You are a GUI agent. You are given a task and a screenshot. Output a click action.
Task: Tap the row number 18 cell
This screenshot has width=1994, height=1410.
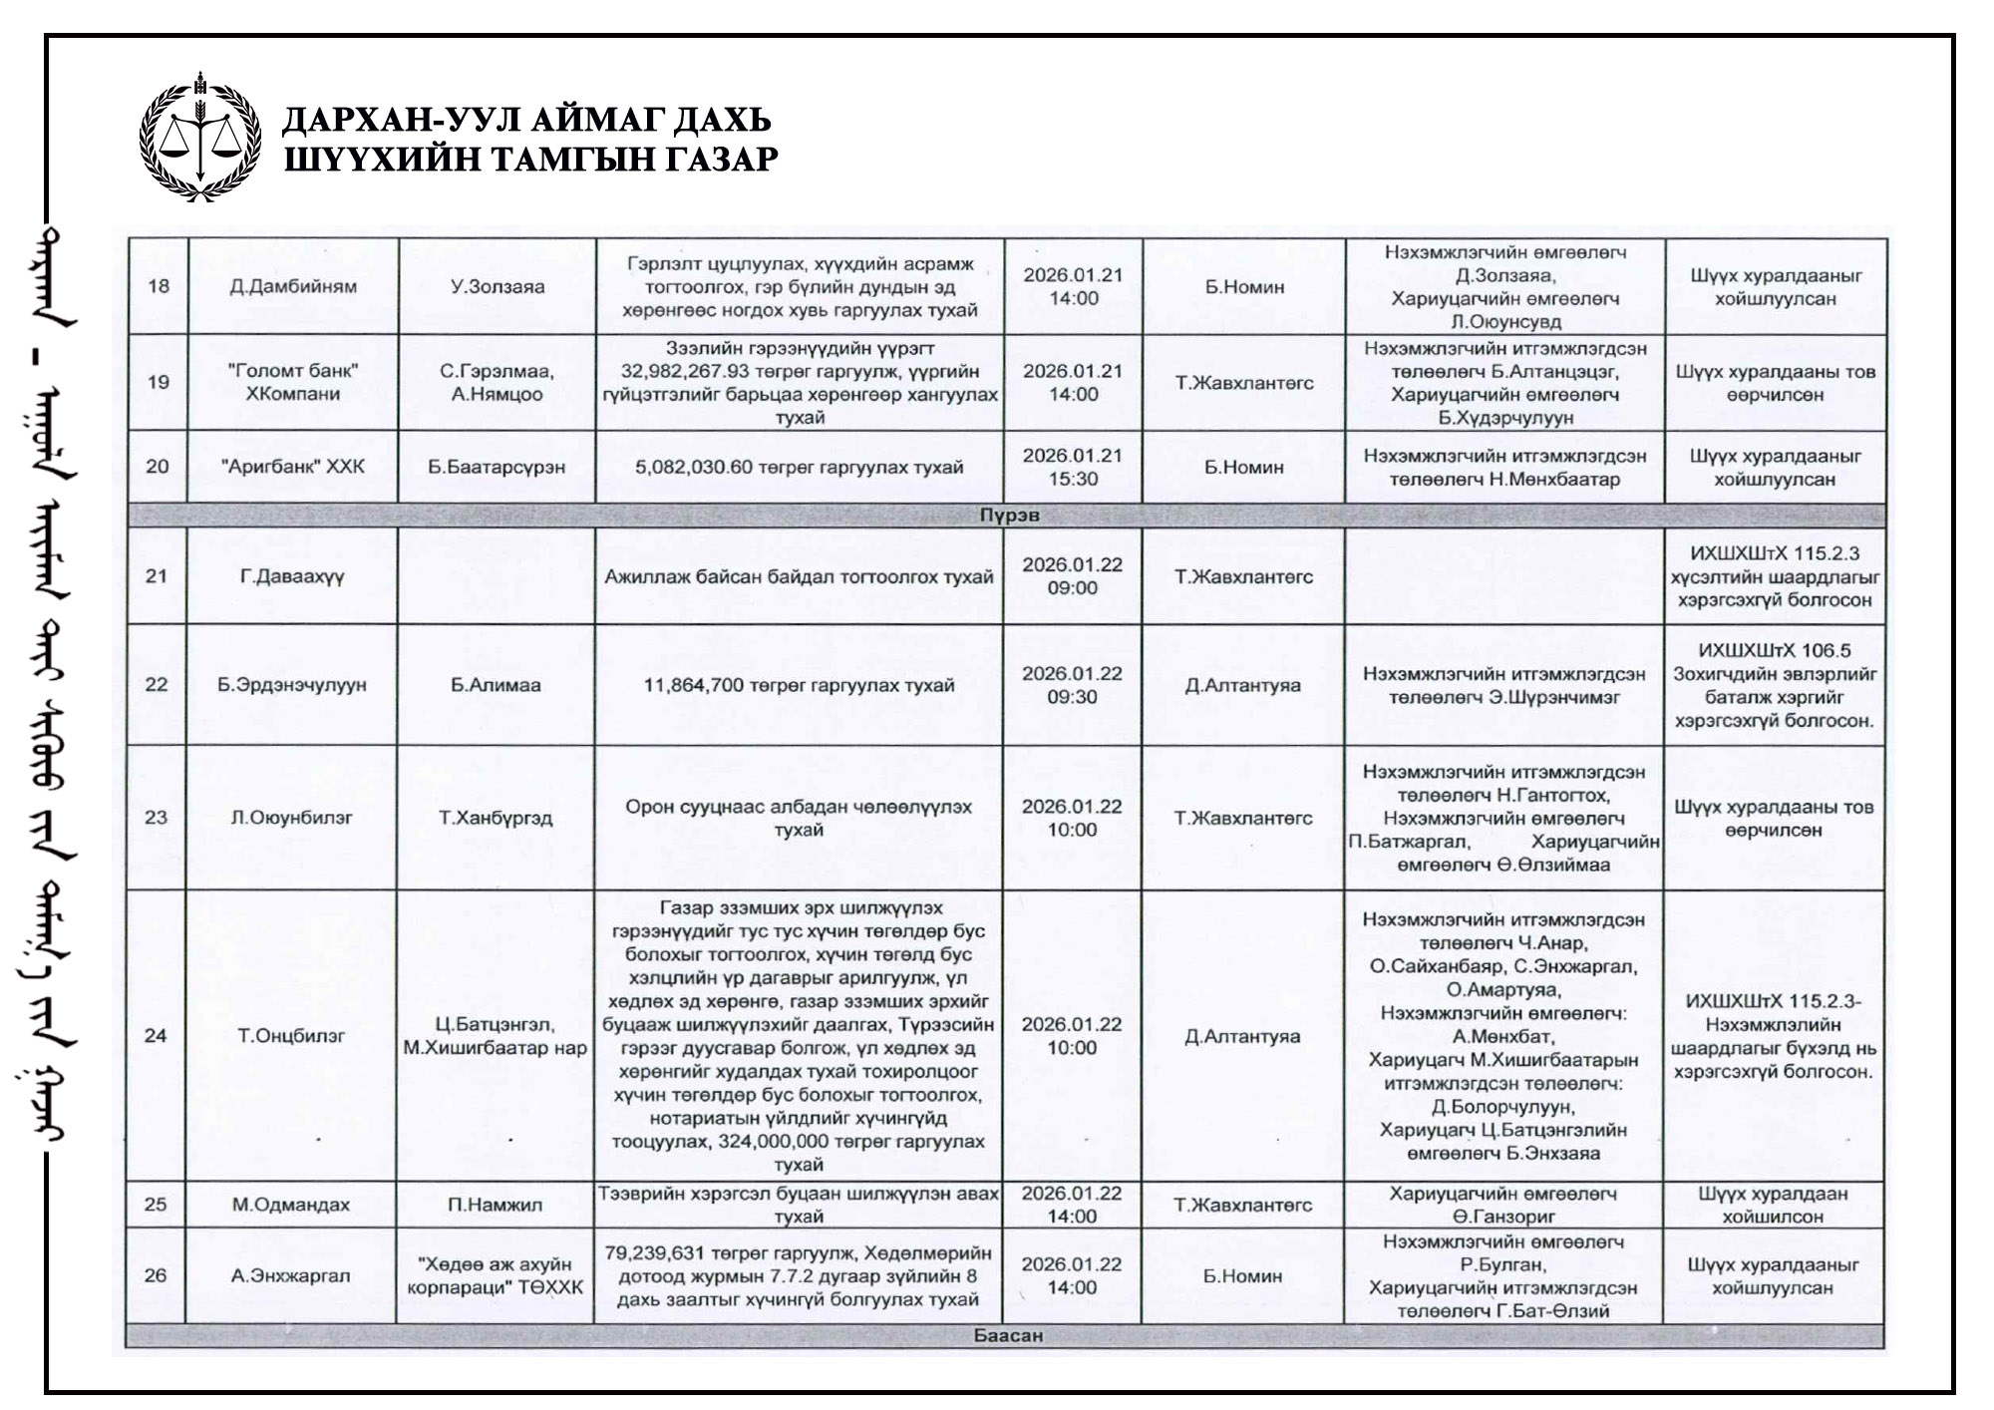pos(158,287)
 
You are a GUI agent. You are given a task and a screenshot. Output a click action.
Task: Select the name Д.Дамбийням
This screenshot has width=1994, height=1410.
pos(293,287)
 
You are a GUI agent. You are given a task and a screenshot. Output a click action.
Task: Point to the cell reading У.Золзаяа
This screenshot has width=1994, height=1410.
pos(498,287)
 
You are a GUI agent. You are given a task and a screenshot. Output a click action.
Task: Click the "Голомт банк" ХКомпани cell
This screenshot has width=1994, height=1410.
pos(293,382)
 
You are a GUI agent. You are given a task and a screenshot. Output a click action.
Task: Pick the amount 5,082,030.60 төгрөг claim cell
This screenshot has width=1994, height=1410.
pos(799,467)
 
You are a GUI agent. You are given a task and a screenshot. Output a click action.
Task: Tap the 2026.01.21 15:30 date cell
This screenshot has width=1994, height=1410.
pos(1073,467)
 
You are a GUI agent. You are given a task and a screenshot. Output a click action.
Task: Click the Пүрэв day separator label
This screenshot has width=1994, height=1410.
pos(1008,517)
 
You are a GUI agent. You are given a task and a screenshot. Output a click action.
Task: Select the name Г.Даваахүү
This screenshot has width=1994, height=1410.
pos(292,576)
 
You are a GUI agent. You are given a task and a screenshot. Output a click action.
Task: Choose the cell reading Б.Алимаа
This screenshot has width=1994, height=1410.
pos(497,685)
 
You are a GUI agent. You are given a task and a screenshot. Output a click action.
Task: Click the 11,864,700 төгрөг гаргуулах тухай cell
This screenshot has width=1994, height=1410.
pos(799,685)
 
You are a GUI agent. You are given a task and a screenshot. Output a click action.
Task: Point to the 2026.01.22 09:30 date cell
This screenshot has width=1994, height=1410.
pos(1072,685)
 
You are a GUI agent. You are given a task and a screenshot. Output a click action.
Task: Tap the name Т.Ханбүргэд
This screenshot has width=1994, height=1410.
pos(497,818)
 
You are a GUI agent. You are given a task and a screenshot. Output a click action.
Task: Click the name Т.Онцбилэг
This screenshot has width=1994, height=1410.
pos(291,1035)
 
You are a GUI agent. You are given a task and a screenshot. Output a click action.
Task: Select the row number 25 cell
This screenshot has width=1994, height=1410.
pos(156,1205)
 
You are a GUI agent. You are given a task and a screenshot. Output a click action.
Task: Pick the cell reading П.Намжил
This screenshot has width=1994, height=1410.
pos(496,1205)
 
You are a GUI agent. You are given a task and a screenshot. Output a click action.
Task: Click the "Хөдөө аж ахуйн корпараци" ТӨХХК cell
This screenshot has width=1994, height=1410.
pos(496,1275)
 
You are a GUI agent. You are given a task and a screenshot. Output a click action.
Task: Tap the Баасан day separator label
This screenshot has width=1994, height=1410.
pos(1008,1335)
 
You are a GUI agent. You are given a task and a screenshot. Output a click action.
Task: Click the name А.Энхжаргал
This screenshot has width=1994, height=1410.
pos(291,1275)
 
